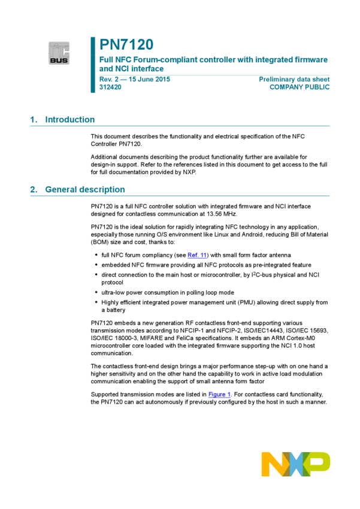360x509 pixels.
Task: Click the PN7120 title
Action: click(126, 45)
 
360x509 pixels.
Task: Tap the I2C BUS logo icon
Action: click(59, 53)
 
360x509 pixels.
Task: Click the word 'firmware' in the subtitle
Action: click(311, 60)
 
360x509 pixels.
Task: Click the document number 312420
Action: click(110, 87)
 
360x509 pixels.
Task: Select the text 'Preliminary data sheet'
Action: click(294, 79)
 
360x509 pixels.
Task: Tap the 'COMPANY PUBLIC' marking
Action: click(300, 87)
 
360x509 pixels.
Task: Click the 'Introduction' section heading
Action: click(69, 120)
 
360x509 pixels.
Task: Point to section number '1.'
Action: click(34, 120)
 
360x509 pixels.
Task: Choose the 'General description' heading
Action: click(84, 190)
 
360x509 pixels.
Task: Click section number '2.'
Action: click(34, 190)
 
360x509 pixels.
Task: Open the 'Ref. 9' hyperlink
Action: click(196, 256)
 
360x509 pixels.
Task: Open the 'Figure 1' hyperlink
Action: click(219, 395)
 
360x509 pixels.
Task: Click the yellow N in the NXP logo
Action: click(273, 464)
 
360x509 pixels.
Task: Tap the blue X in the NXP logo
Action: click(296, 464)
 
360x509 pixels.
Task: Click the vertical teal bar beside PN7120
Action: click(93, 65)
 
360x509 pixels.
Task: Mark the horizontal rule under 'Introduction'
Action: click(180, 126)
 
